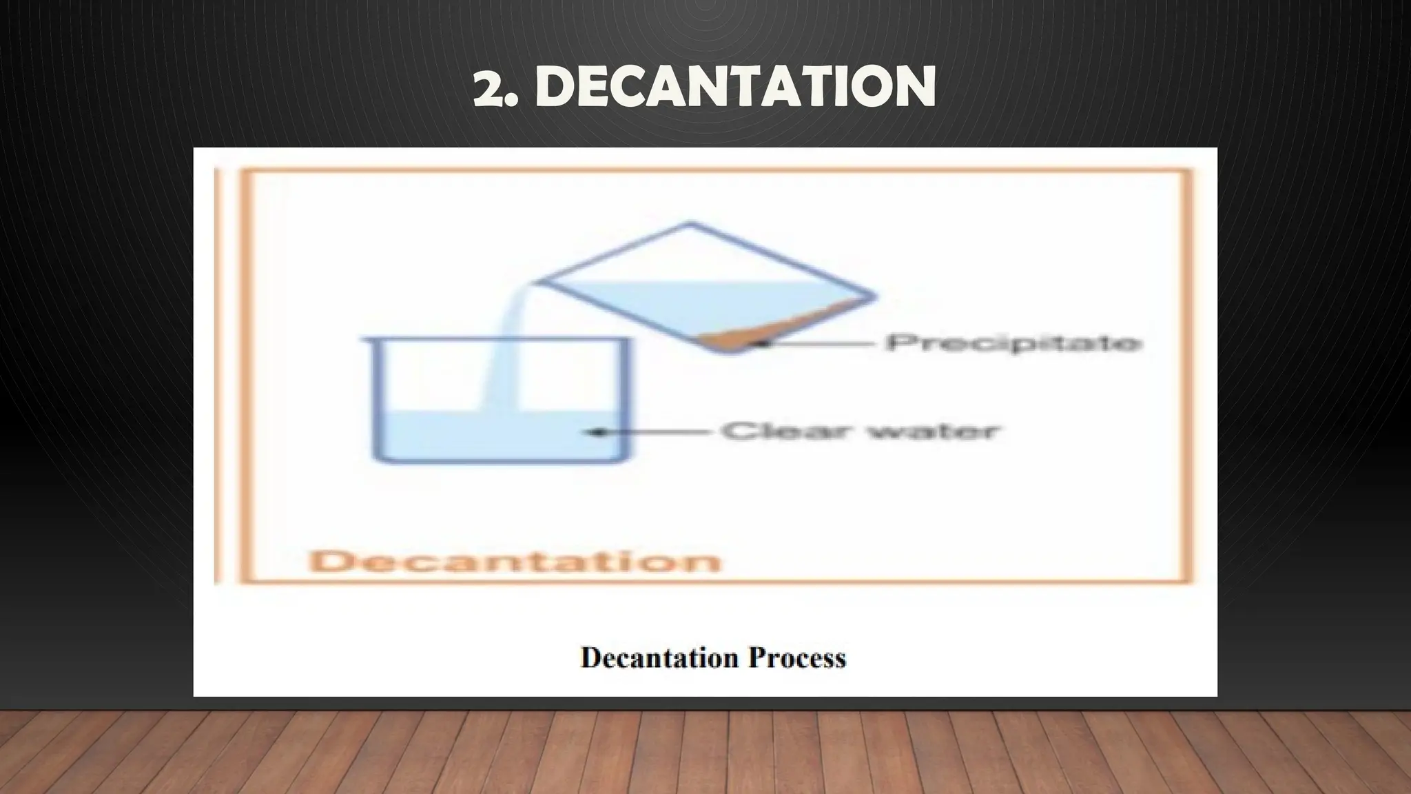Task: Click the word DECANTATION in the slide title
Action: click(x=734, y=87)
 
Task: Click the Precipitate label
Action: click(x=1013, y=343)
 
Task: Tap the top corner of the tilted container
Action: click(x=690, y=224)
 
